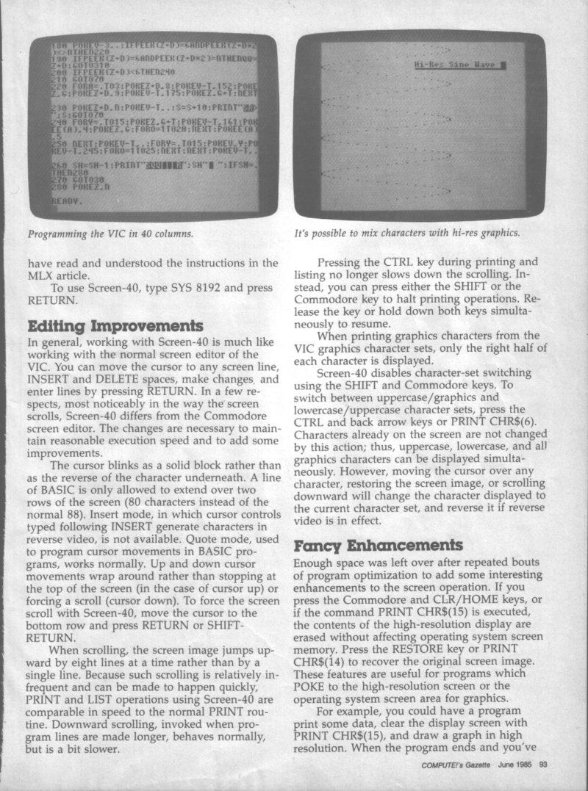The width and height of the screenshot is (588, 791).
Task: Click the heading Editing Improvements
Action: [x=114, y=326]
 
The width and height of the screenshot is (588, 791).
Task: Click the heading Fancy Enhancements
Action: [x=380, y=546]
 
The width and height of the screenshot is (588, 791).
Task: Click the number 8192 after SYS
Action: [x=204, y=289]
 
